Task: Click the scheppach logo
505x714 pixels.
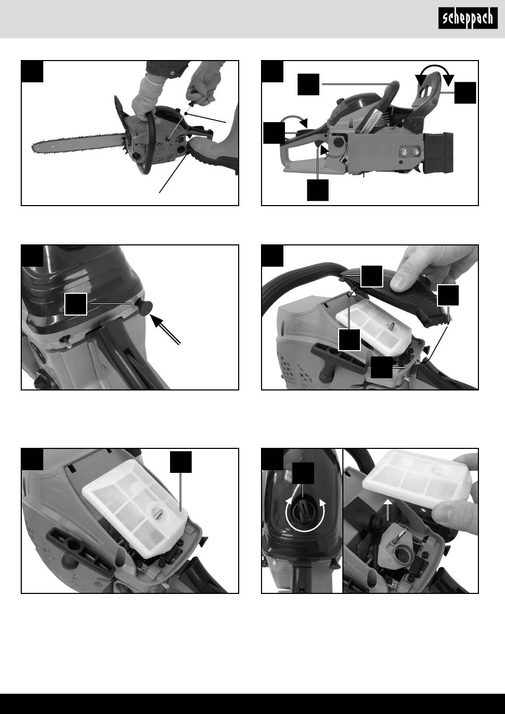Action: (468, 18)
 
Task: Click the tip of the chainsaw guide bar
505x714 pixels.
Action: (33, 148)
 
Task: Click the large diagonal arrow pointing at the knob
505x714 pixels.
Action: (165, 329)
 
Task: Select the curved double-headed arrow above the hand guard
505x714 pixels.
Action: (434, 73)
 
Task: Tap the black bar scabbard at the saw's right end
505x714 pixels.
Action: (439, 154)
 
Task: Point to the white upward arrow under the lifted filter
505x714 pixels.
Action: (388, 509)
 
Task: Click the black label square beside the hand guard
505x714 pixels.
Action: (465, 93)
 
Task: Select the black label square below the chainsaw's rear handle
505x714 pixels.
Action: (317, 190)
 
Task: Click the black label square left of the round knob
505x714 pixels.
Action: (75, 304)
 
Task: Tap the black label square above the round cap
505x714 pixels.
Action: (303, 473)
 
